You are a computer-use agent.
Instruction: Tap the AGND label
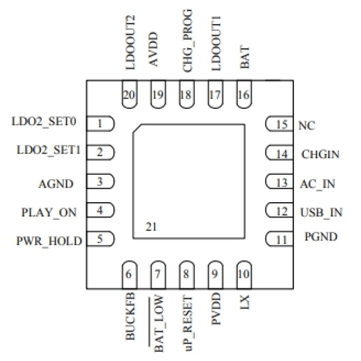point(56,183)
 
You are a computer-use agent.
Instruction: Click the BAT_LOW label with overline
point(158,323)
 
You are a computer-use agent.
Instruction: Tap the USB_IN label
point(321,212)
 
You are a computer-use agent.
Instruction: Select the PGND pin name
point(321,238)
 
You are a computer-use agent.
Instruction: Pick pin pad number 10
point(244,273)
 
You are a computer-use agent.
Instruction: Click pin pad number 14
point(279,153)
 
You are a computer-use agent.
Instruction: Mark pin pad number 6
point(130,273)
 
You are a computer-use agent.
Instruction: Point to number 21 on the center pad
point(151,227)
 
